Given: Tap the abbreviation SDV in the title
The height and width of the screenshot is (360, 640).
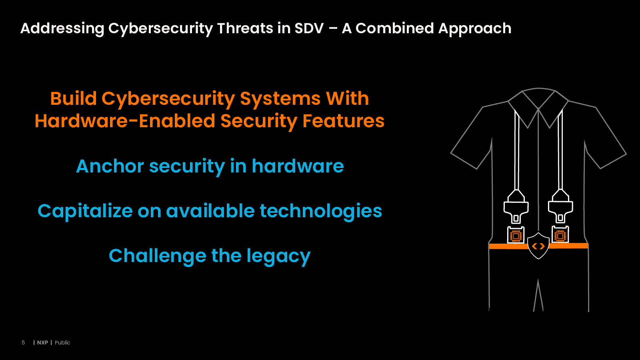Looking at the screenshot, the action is [309, 28].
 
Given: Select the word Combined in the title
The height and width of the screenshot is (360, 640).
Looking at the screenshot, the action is [394, 28].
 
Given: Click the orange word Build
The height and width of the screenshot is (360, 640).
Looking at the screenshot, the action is [74, 98].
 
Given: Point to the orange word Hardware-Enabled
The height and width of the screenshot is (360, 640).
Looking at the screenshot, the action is [125, 121].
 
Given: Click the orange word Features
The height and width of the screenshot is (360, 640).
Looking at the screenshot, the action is [344, 121].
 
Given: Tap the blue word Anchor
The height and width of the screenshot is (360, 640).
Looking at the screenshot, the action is [110, 166].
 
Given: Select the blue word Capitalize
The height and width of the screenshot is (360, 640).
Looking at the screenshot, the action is [85, 211].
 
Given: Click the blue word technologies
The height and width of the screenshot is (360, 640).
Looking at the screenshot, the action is [320, 211].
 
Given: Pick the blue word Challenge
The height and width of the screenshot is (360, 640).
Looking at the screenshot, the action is [158, 256].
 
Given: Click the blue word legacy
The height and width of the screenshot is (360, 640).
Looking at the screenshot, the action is [278, 256].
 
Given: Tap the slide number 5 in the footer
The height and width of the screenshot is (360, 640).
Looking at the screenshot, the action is [23, 342].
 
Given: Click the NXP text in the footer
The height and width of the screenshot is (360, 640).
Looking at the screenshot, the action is [42, 342].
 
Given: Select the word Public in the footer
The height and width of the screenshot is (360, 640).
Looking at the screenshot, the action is [62, 342].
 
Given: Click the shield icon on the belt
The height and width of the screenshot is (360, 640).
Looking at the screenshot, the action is [538, 246].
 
